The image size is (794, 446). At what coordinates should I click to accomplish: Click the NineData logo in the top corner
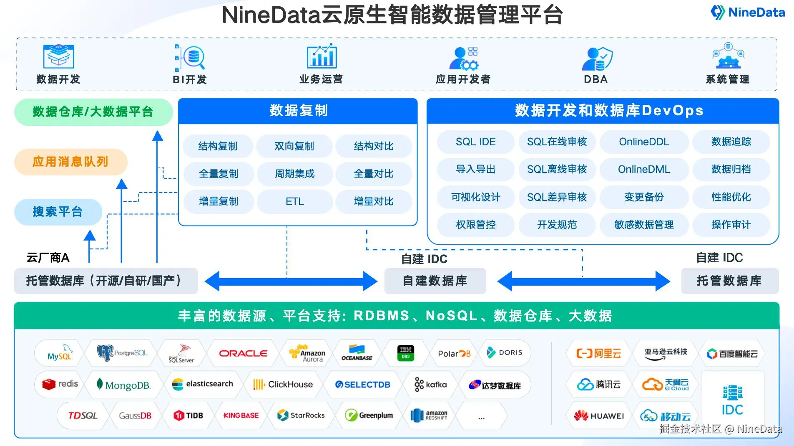click(x=747, y=13)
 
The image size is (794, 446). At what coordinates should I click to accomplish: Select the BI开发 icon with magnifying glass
click(x=190, y=58)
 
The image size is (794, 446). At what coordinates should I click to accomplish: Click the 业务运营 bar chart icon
click(x=321, y=56)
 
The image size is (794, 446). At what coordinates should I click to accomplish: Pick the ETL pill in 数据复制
click(x=294, y=201)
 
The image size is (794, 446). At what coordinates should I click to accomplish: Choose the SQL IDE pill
click(x=475, y=142)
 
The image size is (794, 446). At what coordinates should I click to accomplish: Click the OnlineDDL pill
click(x=643, y=142)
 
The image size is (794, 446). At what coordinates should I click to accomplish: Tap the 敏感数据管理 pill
click(x=643, y=225)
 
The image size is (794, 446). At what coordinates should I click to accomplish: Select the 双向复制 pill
click(x=294, y=146)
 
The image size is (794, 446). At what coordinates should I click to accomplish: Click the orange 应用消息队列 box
click(x=70, y=162)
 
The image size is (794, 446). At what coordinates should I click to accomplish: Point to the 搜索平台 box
click(x=58, y=212)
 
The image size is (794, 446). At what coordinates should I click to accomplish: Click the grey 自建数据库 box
click(x=435, y=281)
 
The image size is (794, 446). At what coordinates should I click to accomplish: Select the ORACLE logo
click(x=243, y=353)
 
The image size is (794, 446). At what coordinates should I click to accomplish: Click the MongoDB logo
click(x=123, y=385)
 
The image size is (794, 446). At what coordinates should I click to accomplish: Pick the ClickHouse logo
click(x=283, y=384)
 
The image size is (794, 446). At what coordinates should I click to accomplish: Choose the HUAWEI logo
click(x=599, y=416)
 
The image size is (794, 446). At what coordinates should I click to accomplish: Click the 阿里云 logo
click(x=599, y=354)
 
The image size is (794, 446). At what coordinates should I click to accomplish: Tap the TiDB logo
click(x=188, y=416)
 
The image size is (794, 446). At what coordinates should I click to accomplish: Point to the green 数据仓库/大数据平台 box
click(x=93, y=112)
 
